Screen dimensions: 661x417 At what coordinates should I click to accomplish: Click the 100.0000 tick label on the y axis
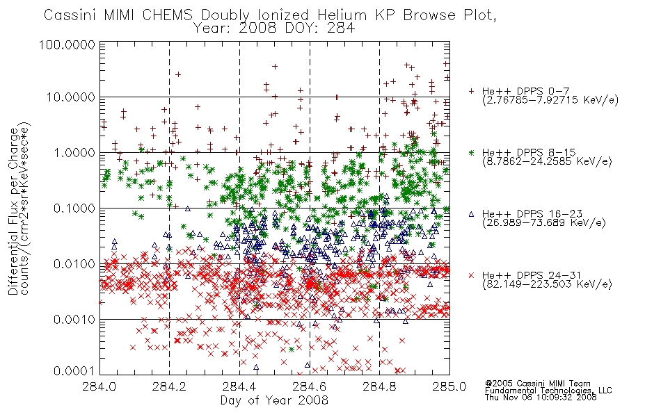(67, 44)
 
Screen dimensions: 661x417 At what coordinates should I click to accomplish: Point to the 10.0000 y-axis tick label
(70, 97)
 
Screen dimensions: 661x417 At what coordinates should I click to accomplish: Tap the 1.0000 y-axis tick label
(74, 152)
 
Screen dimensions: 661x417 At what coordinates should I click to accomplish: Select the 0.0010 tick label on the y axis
(74, 319)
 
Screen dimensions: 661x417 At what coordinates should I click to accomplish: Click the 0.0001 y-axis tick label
(74, 371)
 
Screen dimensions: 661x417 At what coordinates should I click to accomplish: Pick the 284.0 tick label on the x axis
(99, 386)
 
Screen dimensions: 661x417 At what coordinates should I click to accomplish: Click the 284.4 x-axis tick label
(240, 386)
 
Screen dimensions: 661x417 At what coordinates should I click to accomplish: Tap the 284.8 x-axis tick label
(379, 386)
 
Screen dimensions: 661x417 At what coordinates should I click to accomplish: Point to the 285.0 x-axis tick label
(449, 386)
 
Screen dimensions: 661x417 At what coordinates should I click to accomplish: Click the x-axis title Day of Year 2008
(274, 400)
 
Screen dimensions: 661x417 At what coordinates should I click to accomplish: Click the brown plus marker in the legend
(471, 91)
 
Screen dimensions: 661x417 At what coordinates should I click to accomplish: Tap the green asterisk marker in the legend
(471, 152)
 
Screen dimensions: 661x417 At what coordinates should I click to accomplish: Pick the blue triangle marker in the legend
(471, 214)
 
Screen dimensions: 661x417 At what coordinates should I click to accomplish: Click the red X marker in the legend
(471, 275)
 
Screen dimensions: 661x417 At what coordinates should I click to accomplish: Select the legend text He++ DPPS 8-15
(529, 152)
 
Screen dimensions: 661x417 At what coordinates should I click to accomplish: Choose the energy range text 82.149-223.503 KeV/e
(547, 284)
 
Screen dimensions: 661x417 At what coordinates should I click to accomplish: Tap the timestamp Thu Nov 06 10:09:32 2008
(541, 398)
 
